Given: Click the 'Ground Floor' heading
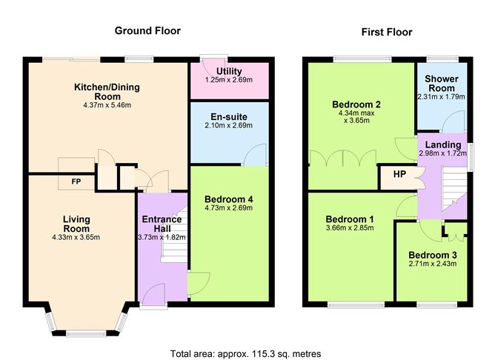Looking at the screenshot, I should pos(147,30).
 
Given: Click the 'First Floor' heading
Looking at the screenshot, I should pos(386,32).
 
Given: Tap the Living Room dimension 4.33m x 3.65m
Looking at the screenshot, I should pos(76,237).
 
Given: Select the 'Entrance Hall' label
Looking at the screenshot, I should pos(162,224).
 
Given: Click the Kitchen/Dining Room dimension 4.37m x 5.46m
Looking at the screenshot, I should pos(106,106).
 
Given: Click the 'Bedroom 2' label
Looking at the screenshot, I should pos(356,104).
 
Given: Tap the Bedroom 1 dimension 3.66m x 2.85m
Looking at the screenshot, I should pos(350,228).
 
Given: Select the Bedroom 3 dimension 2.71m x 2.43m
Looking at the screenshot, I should pos(432,264).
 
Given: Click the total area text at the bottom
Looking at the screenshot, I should pos(246,352).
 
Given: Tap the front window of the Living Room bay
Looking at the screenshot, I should pos(82,331).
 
